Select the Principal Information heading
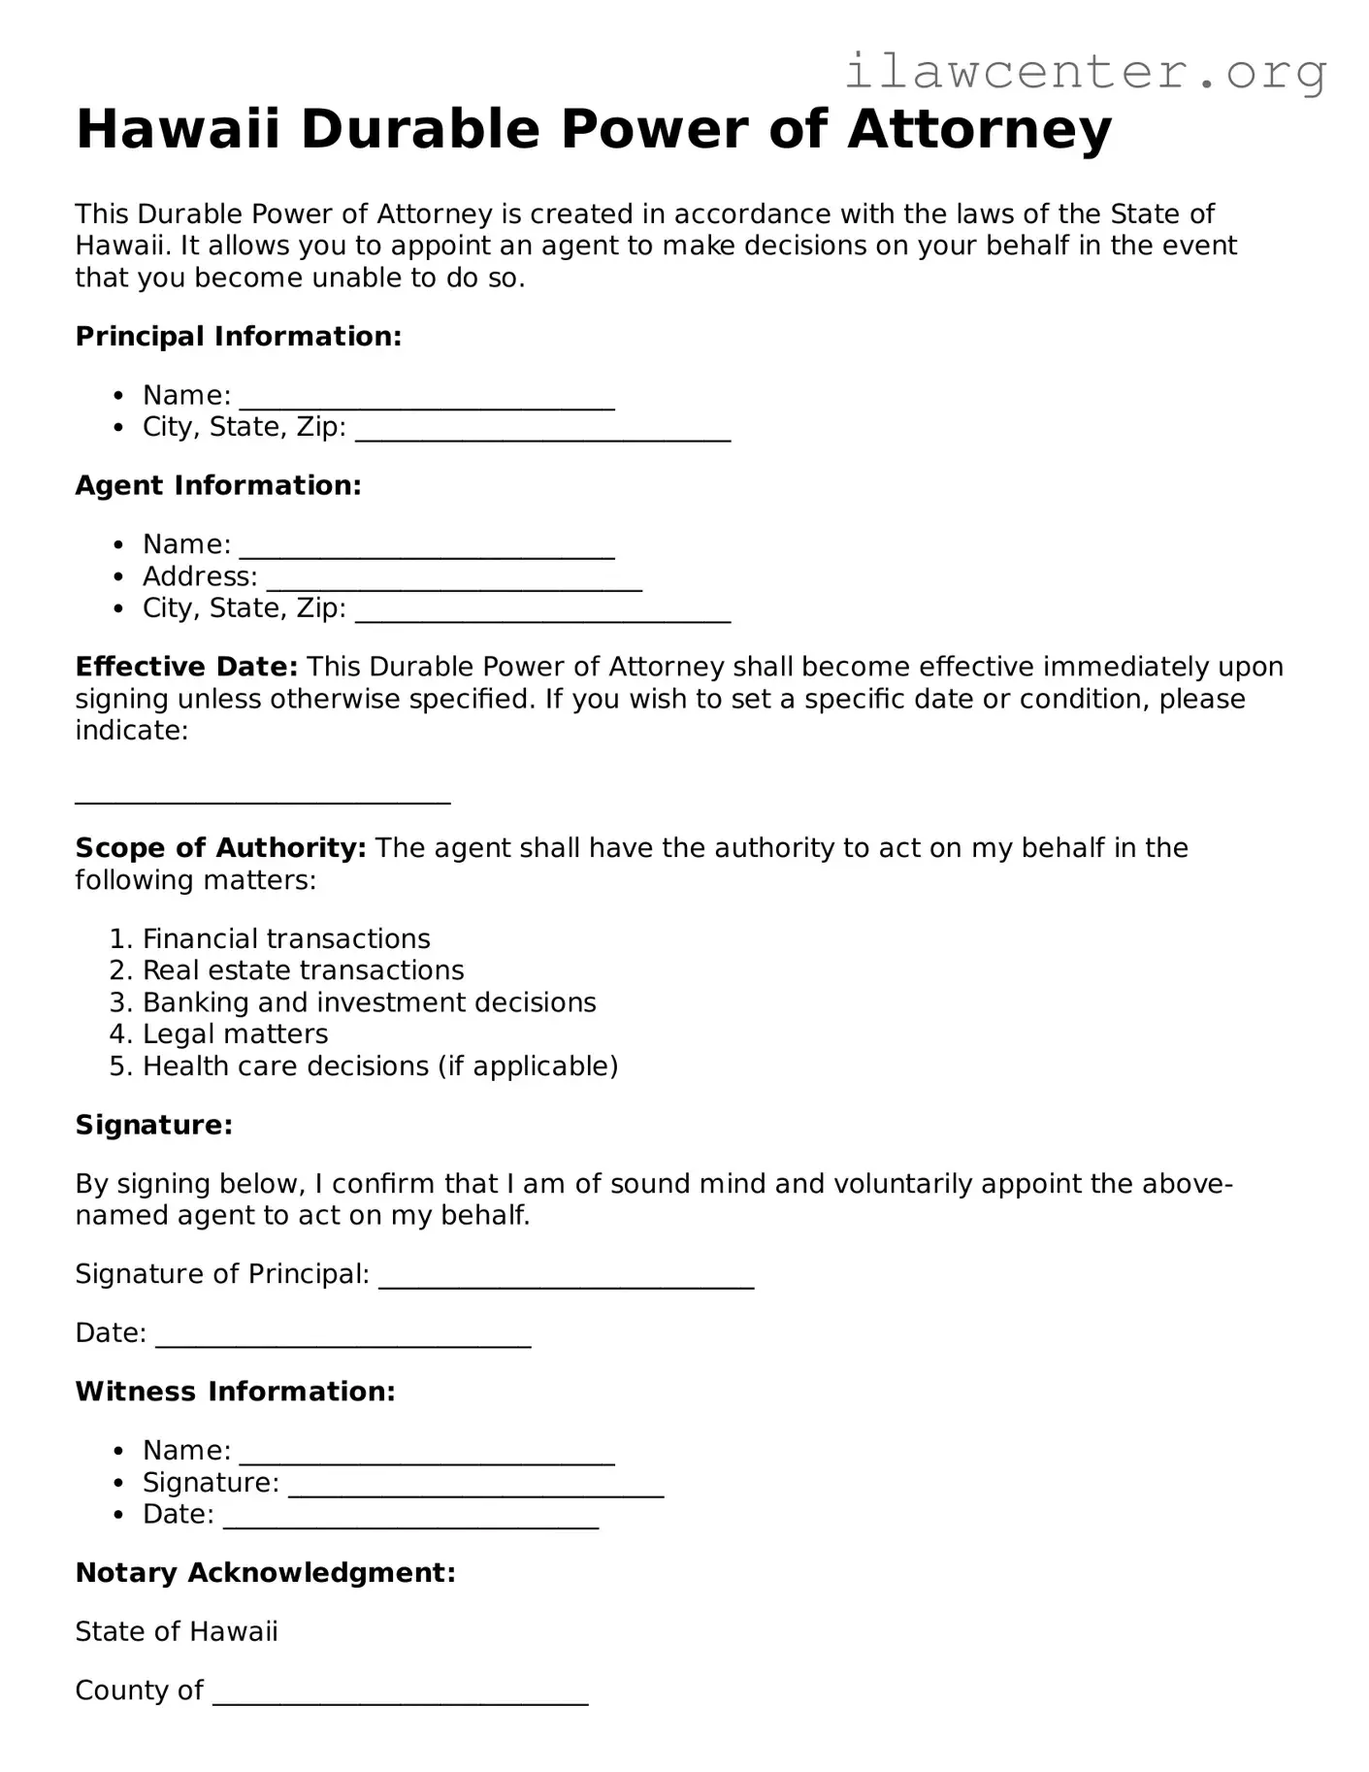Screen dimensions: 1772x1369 tap(238, 337)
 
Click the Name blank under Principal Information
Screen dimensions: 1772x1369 tap(427, 399)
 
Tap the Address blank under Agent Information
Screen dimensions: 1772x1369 tap(453, 580)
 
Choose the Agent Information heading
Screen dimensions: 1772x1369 tap(218, 485)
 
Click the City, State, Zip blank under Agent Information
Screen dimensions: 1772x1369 tap(542, 611)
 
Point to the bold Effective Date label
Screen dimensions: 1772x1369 tap(186, 667)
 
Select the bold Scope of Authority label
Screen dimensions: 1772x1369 tap(220, 848)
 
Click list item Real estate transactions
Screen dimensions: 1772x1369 tap(303, 970)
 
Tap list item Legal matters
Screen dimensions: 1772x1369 tap(235, 1034)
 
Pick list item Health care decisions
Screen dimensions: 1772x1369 tap(379, 1066)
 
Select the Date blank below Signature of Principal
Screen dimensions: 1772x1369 tap(342, 1337)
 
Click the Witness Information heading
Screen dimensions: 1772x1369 tap(235, 1392)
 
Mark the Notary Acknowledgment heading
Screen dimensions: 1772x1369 tap(265, 1573)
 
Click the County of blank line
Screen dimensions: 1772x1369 tap(400, 1694)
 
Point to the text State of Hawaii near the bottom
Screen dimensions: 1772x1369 tap(177, 1632)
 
